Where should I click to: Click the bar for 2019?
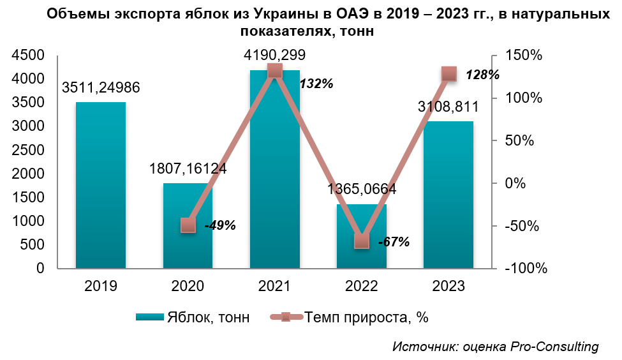100,185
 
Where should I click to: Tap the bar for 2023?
448,195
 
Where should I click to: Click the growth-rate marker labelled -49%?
188,225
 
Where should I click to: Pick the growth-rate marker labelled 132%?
275,71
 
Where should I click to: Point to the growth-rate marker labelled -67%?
362,241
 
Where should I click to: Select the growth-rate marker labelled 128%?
449,74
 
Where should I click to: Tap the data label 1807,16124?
188,169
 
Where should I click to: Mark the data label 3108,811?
448,106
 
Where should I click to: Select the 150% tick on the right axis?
522,56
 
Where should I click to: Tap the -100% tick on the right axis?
524,269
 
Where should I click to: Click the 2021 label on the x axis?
275,285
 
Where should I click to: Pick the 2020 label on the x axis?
188,285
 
